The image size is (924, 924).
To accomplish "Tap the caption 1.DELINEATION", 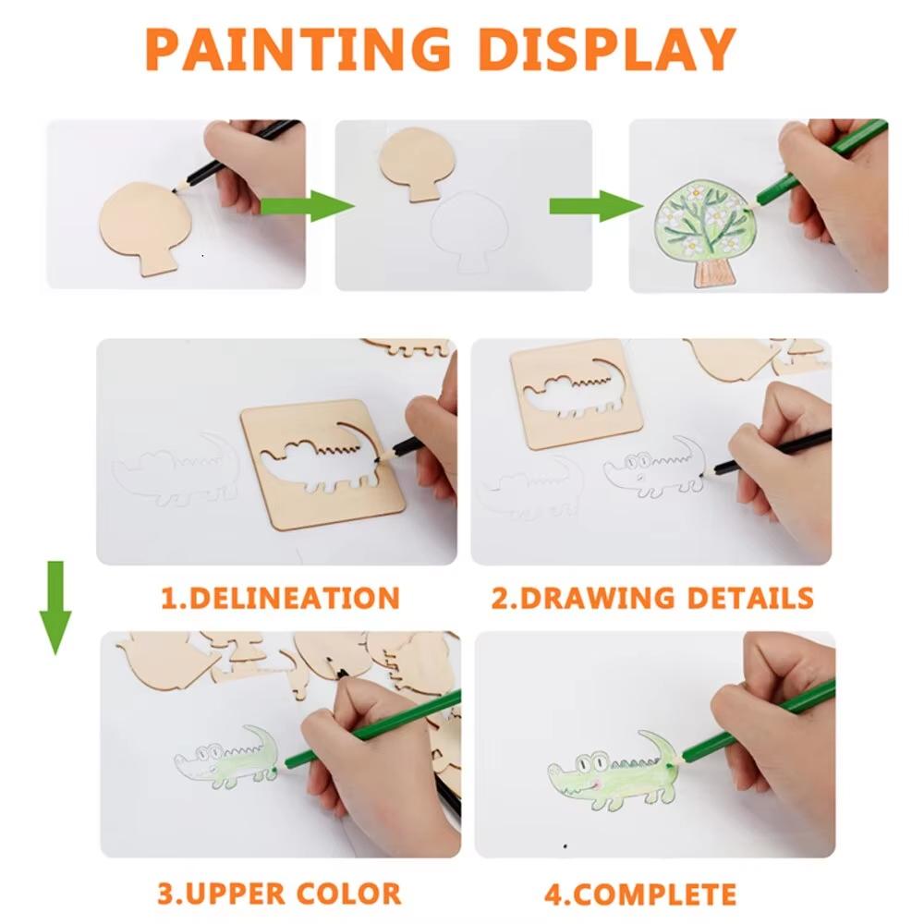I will click(x=280, y=597).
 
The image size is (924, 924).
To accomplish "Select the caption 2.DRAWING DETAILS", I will click(x=651, y=597).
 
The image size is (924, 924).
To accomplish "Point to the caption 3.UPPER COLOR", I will click(x=279, y=894).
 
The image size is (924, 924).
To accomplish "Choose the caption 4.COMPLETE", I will click(x=639, y=894).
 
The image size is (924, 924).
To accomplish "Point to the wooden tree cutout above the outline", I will click(x=418, y=161).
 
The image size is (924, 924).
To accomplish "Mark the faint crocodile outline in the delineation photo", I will click(x=176, y=471).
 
